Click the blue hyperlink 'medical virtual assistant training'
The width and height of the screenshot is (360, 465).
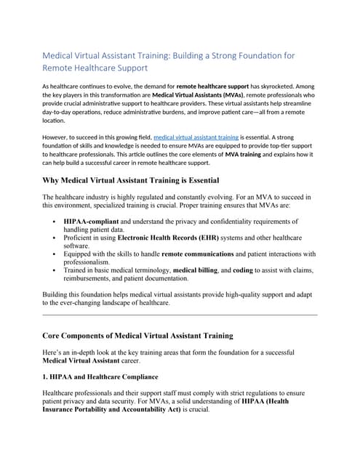click(x=196, y=136)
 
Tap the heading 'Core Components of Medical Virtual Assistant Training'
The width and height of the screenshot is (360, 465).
click(x=138, y=336)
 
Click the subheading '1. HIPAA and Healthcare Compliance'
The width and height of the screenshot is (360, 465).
click(x=100, y=377)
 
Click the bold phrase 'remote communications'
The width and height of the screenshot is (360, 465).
click(x=198, y=254)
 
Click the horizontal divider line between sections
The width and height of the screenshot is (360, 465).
click(x=180, y=315)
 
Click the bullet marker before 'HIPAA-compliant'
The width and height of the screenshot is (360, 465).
click(x=56, y=221)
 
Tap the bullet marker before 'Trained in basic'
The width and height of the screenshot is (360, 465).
click(x=56, y=270)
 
